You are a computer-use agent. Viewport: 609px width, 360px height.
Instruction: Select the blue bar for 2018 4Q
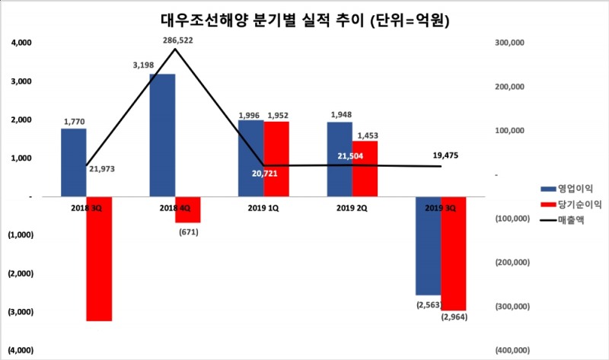(162, 135)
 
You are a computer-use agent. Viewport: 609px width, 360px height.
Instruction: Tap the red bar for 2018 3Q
(99, 259)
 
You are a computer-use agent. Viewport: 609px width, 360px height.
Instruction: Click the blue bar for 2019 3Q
(428, 245)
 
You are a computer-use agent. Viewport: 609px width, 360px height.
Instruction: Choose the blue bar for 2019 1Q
(250, 158)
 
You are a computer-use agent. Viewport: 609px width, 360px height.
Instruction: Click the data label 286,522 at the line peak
(177, 40)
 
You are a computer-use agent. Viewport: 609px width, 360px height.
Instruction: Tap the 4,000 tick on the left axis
(21, 43)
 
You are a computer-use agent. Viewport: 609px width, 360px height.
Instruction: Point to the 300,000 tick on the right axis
(512, 43)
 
